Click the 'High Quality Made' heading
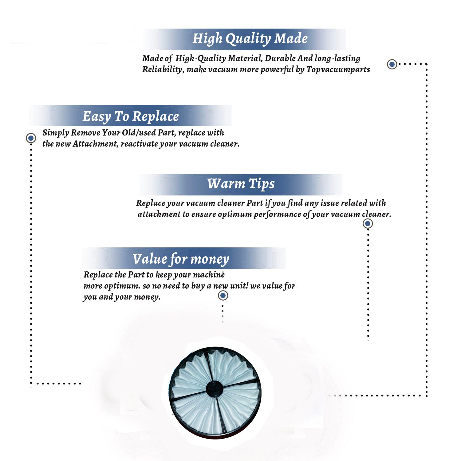coord(250,39)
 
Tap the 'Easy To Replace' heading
coord(131,117)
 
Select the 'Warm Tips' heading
coord(241,184)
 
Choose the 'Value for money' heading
coord(181,259)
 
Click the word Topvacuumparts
coord(338,70)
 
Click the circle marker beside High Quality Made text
coord(392,64)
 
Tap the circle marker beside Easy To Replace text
coord(31,138)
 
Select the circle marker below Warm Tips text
coord(368,223)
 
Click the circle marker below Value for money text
coord(223,296)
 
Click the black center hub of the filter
coord(214,388)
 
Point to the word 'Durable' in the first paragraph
coord(280,58)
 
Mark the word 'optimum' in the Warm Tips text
coord(235,215)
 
